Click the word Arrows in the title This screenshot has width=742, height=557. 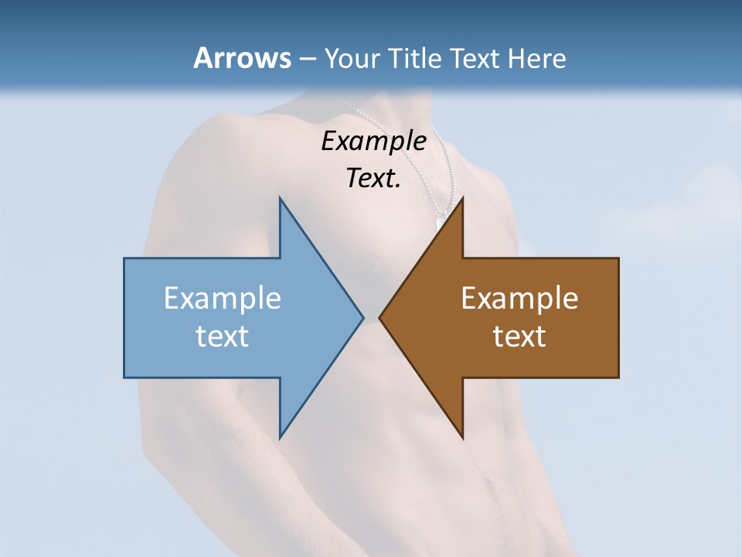click(242, 58)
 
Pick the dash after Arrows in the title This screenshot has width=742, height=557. click(307, 59)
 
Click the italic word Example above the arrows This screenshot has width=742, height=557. click(373, 141)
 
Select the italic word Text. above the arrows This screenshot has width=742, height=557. click(373, 178)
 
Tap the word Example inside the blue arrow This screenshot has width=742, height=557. click(223, 299)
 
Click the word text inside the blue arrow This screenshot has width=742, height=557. click(223, 336)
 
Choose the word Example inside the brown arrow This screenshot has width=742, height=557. click(519, 299)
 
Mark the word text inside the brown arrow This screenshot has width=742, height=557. click(519, 336)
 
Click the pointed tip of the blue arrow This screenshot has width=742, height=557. click(362, 317)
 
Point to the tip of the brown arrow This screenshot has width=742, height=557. click(380, 317)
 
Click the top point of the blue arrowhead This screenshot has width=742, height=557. click(280, 198)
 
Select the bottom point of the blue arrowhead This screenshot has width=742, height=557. click(280, 438)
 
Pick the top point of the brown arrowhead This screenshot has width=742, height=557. click(462, 198)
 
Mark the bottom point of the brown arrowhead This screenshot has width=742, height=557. click(462, 438)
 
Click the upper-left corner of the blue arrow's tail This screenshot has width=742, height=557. click(124, 258)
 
